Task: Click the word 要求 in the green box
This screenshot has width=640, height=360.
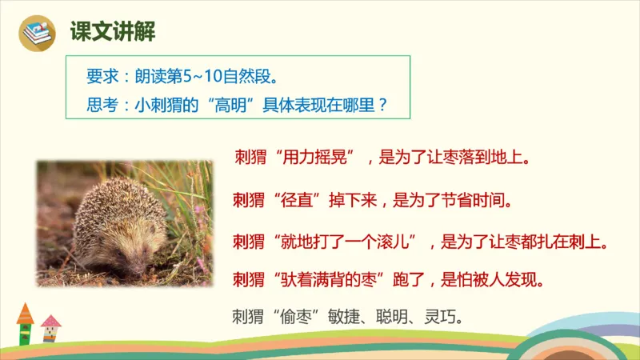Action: click(x=99, y=78)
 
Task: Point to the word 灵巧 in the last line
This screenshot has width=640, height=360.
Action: click(x=444, y=316)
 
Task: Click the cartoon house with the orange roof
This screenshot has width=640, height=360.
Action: click(x=26, y=323)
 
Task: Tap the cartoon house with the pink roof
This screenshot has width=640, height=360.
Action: click(x=50, y=328)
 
